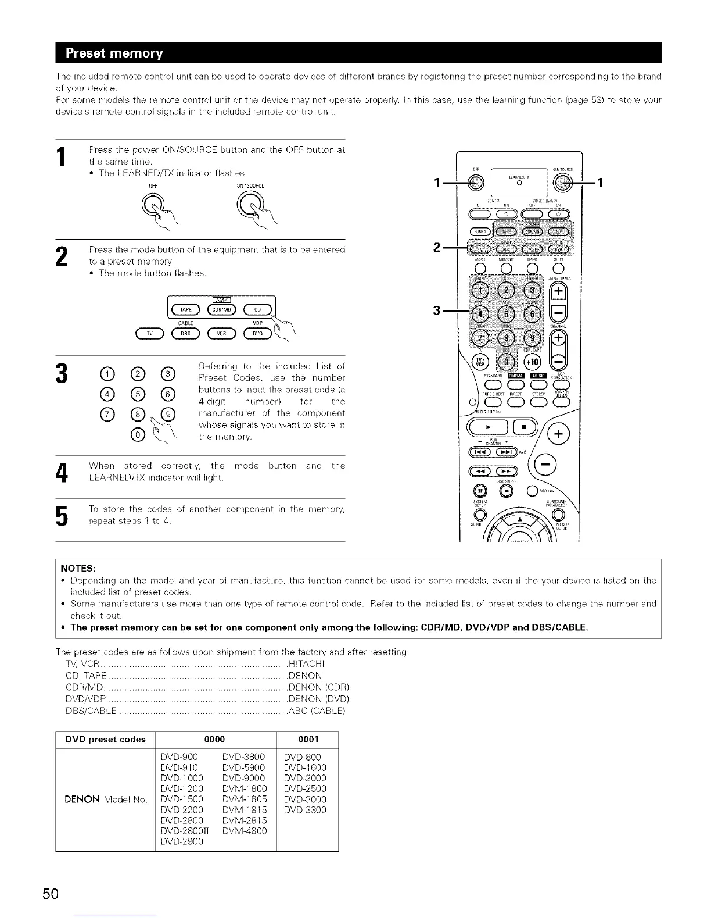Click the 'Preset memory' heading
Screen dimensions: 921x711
(x=114, y=53)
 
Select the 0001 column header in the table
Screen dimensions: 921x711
(x=308, y=739)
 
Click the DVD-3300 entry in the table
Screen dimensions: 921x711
(x=305, y=810)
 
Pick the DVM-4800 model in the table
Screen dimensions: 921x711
(x=245, y=831)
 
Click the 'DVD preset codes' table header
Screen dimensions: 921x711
(x=105, y=739)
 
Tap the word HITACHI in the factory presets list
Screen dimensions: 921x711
(x=307, y=664)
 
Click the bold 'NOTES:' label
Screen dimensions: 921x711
(x=78, y=568)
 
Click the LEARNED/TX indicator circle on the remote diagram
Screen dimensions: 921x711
(x=520, y=184)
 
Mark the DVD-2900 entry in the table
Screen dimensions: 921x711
(x=182, y=841)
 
